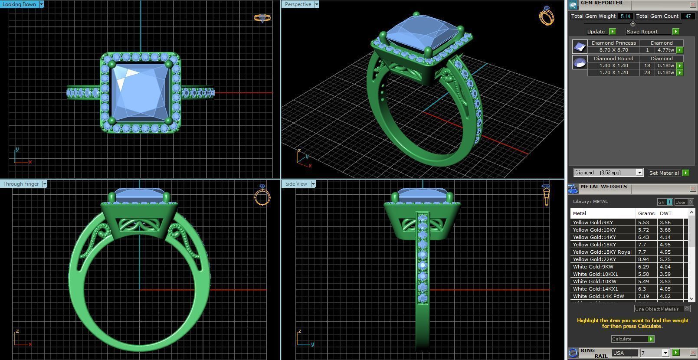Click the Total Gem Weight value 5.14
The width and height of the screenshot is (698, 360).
click(625, 16)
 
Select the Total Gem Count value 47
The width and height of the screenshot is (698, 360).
click(688, 16)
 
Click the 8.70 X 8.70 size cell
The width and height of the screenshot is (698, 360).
click(613, 50)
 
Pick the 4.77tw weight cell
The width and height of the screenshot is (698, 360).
click(665, 50)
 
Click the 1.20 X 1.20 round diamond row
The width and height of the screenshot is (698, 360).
click(613, 72)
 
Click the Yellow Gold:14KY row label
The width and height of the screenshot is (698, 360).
click(594, 237)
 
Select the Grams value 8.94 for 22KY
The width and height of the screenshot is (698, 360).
click(644, 259)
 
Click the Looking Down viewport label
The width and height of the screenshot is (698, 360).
click(20, 4)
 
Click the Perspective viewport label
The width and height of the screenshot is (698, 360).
click(298, 4)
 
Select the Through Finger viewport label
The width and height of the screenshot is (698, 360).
click(21, 184)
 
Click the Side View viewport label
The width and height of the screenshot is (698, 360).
click(296, 184)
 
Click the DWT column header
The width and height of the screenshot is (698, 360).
click(665, 213)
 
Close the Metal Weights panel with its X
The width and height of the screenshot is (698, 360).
click(692, 188)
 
